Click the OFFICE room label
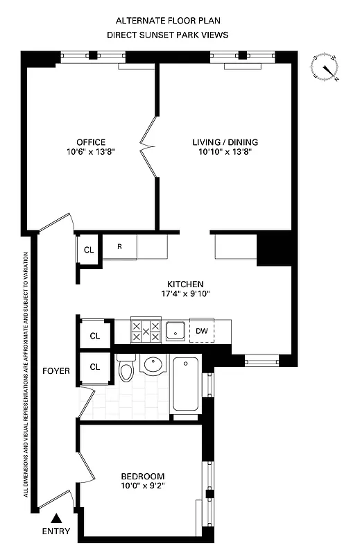tap(91, 143)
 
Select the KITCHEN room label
tap(185, 284)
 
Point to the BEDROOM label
tap(143, 476)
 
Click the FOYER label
tap(56, 371)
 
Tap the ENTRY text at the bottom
tap(56, 531)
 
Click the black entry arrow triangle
tap(56, 518)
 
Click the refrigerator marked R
tap(119, 247)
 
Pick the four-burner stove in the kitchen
tap(146, 331)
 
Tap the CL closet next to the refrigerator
tap(89, 250)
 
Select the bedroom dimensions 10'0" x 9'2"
tap(143, 486)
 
